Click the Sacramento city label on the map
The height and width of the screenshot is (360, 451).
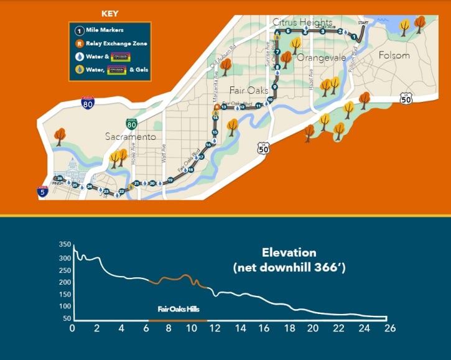pos(130,137)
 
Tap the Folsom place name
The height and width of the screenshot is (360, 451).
pos(394,55)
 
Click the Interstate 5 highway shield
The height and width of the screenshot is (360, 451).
pos(42,192)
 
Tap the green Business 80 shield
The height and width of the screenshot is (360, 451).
pos(131,123)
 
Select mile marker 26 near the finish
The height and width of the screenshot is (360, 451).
pos(60,178)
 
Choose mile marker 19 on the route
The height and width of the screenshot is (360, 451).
pos(170,180)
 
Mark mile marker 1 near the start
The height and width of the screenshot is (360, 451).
pos(354,37)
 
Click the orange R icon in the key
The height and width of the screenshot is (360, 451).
pos(79,44)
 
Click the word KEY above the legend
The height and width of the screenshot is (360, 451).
pos(110,12)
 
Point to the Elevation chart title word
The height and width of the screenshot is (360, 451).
pos(289,253)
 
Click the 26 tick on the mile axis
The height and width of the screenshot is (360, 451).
pos(390,328)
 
